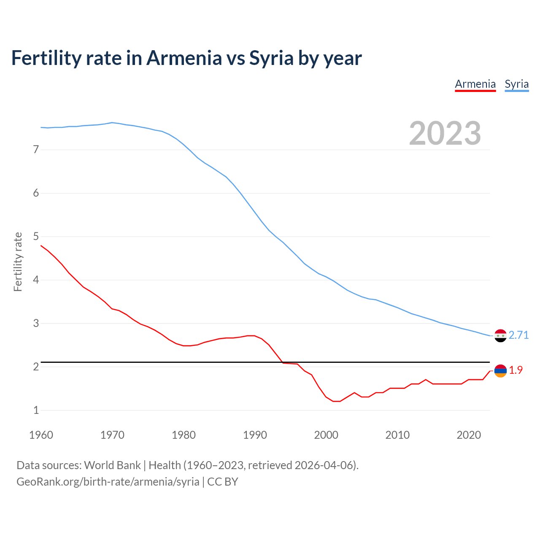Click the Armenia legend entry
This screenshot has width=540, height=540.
(x=475, y=84)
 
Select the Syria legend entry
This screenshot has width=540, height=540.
(x=516, y=84)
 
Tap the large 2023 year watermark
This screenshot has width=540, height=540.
(x=445, y=133)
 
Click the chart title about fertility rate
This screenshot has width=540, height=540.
(x=186, y=58)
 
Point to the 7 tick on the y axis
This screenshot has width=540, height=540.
(x=36, y=149)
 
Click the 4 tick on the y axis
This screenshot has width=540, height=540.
(x=36, y=280)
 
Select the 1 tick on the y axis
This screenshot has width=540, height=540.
(x=36, y=410)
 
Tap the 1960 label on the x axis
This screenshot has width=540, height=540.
(x=41, y=435)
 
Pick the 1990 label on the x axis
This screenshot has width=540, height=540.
(x=255, y=435)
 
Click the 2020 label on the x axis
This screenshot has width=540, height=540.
(x=469, y=435)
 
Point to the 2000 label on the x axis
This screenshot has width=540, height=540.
(x=326, y=435)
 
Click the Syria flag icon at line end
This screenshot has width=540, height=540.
(x=500, y=335)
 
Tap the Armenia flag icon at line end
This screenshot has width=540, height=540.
(x=500, y=371)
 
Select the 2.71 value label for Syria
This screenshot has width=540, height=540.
(x=518, y=335)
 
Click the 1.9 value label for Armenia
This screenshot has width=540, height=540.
(x=516, y=370)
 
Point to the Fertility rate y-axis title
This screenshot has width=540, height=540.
(x=18, y=262)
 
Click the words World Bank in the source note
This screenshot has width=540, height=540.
(x=112, y=465)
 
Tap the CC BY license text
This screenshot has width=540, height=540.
(x=222, y=482)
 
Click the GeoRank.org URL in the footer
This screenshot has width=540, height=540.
(x=108, y=482)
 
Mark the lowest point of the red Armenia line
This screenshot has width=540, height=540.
(x=337, y=401)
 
